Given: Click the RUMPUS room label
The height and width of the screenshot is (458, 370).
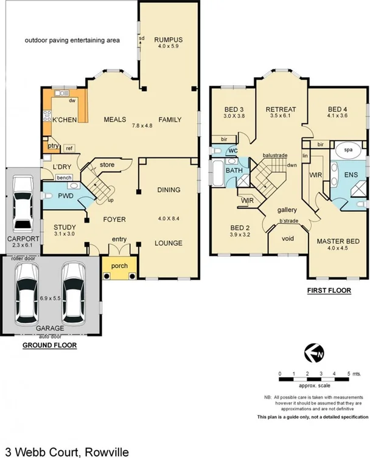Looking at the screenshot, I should [x=168, y=40].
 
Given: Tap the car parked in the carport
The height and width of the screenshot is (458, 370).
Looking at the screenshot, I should [x=23, y=201].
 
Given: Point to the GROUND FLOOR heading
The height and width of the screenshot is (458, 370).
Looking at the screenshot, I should [x=49, y=345].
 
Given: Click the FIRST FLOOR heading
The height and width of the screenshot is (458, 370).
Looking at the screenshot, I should [x=329, y=290].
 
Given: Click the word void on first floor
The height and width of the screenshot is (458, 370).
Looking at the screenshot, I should [x=288, y=238].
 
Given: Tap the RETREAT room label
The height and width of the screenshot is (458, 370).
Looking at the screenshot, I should [x=281, y=109].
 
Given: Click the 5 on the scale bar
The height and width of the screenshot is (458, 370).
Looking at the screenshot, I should [x=349, y=372].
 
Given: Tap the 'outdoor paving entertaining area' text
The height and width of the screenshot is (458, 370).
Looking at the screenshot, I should [x=72, y=41].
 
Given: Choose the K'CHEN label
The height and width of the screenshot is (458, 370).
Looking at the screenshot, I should [x=65, y=120].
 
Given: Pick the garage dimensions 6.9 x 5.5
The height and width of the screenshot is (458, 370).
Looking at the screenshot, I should [x=50, y=299].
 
